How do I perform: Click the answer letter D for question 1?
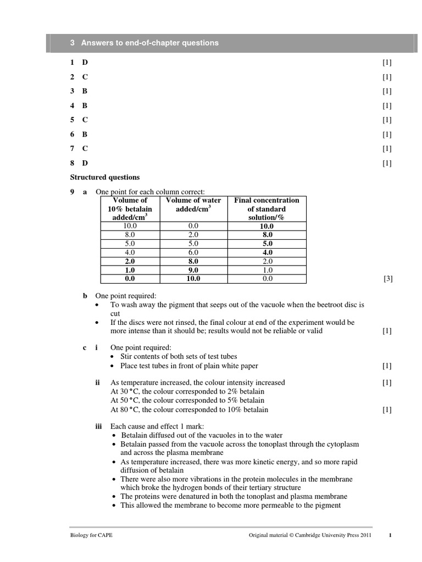(85, 63)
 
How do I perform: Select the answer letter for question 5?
(85, 120)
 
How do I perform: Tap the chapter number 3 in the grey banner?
(73, 43)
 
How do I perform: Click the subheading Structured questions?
(105, 177)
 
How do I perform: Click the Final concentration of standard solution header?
(266, 209)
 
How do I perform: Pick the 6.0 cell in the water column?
(193, 252)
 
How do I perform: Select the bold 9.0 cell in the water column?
(193, 270)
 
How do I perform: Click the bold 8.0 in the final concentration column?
(267, 234)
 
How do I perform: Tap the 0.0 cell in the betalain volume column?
(130, 279)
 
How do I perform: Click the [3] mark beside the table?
(387, 279)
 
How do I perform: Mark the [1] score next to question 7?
(387, 148)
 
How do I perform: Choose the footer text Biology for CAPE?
(91, 535)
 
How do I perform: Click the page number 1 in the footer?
(390, 535)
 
